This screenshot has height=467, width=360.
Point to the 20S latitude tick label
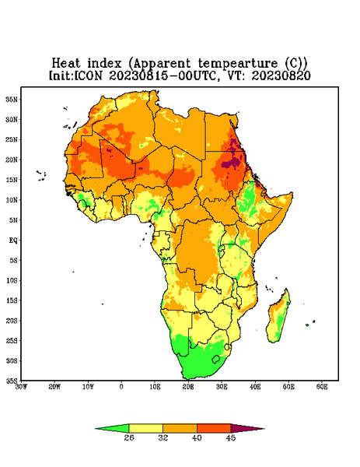(12, 321)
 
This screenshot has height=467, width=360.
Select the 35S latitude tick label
(12, 381)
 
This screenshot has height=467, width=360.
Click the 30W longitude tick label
(21, 387)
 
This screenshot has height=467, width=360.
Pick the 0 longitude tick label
(121, 387)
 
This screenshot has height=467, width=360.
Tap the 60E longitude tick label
(322, 387)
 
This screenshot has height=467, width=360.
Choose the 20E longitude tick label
(188, 387)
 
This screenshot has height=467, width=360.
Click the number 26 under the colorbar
(129, 437)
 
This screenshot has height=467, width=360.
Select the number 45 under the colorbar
(231, 437)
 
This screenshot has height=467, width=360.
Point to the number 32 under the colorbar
(163, 437)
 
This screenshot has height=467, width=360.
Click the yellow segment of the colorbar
(145, 428)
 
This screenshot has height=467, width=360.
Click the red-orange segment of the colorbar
(214, 428)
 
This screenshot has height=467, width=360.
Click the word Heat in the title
(66, 63)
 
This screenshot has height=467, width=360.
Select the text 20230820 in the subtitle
(281, 75)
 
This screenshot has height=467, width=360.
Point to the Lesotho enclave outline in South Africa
(216, 359)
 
